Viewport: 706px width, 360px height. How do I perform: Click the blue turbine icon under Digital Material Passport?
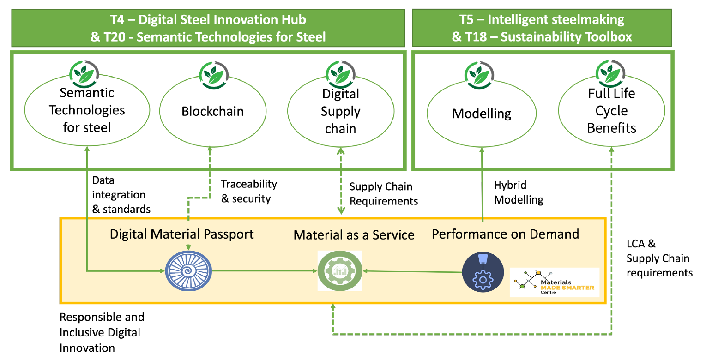pos(188,271)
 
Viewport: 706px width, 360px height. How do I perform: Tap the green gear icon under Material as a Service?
pos(340,271)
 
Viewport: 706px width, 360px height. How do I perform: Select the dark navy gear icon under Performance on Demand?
pos(483,272)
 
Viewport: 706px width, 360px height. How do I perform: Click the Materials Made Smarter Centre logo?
pos(555,282)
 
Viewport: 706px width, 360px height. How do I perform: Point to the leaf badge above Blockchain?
pos(214,75)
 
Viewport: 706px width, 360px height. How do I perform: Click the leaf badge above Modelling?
pos(479,75)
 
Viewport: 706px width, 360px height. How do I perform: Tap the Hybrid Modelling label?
pos(519,192)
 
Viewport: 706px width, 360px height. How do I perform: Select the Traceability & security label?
pos(249,191)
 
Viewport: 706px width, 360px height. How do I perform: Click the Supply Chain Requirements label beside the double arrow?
pos(384,194)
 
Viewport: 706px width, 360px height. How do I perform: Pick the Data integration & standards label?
pos(121,195)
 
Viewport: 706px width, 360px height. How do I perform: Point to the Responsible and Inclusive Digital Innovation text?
pos(102,332)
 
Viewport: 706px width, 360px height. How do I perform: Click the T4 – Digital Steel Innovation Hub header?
pos(208,19)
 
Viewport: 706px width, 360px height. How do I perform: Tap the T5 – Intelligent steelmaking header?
pos(542,19)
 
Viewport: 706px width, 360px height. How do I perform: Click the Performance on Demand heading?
pos(505,234)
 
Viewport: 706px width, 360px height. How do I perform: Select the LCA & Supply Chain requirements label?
pos(659,258)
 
